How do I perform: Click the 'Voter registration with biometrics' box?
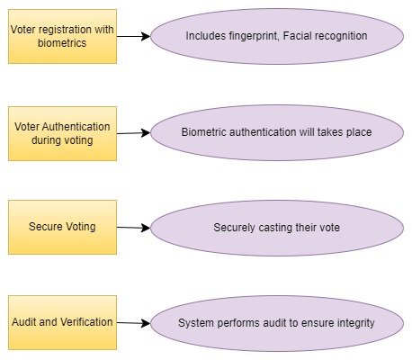62,36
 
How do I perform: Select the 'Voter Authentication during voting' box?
62,133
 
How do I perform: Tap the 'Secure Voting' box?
62,227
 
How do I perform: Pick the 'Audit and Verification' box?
62,322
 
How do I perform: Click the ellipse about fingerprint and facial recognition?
277,36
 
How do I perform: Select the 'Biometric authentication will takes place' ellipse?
277,132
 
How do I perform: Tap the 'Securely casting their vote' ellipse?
277,228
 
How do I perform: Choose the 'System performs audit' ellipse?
277,323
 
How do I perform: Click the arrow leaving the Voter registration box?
133,36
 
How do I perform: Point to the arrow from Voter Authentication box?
133,133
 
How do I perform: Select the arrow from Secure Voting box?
133,228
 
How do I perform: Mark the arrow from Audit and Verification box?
133,323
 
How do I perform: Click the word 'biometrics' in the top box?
62,43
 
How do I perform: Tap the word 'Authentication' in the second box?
76,127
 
